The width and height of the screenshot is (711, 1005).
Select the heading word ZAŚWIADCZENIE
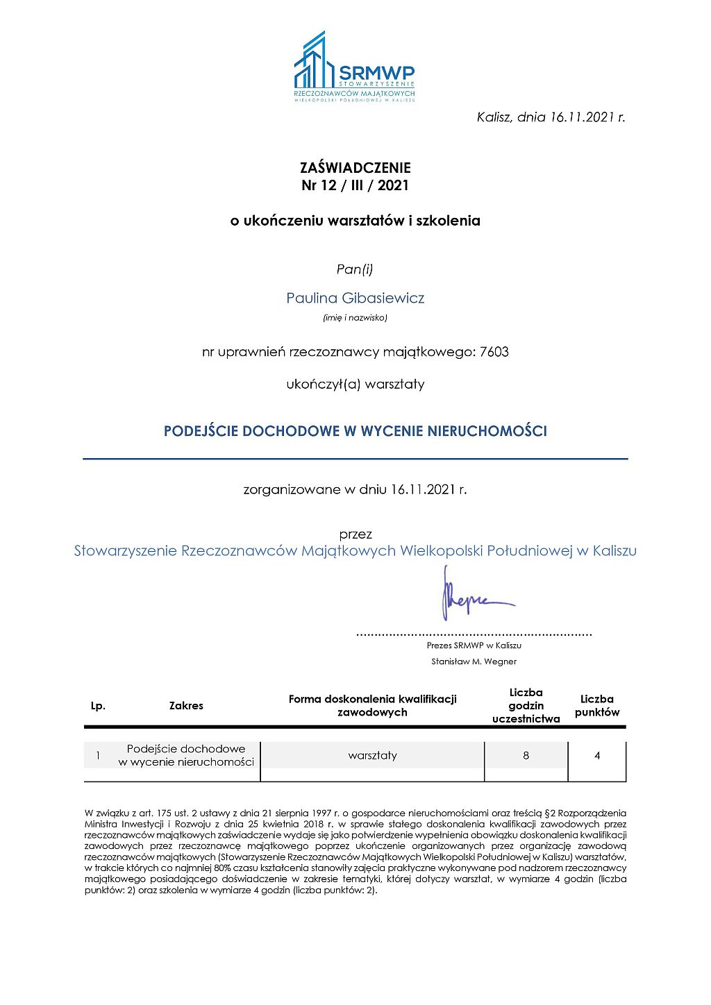(355, 168)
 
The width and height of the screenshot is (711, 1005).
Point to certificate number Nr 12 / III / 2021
(355, 185)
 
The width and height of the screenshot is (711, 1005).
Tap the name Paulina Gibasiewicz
(355, 298)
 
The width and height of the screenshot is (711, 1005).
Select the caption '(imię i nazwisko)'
(355, 318)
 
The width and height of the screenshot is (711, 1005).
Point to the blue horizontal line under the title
(355, 459)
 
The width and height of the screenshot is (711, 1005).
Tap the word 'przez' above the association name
(355, 534)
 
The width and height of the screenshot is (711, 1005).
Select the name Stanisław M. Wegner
(474, 661)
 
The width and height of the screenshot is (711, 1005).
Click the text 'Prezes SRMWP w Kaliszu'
(474, 645)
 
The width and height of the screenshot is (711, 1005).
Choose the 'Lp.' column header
(98, 706)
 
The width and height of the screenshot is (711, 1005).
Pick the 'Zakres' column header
(186, 706)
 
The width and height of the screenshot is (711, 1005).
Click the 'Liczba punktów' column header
(597, 706)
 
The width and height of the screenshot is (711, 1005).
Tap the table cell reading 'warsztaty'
(373, 756)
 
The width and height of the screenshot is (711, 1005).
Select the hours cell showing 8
(526, 756)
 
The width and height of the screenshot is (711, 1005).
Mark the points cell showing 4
(597, 756)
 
